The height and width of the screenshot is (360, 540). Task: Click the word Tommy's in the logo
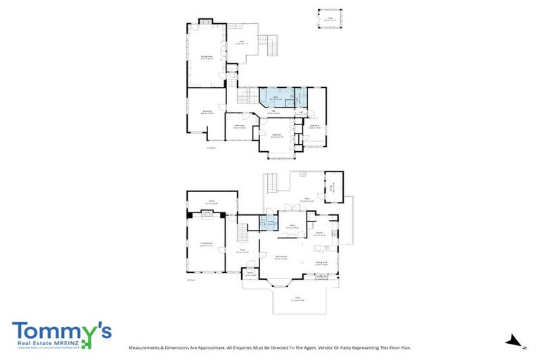(x=60, y=331)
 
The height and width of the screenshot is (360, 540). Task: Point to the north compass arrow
(x=515, y=342)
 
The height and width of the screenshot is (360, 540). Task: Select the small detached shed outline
(x=328, y=20)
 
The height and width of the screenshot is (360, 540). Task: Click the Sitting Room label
(x=207, y=58)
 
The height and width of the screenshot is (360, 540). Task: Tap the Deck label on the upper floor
(x=245, y=43)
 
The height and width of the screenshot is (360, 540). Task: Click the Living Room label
(x=206, y=245)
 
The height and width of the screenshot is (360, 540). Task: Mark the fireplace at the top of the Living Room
(x=206, y=215)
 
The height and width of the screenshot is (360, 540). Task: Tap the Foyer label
(x=241, y=250)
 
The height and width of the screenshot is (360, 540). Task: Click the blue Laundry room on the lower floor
(x=268, y=224)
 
